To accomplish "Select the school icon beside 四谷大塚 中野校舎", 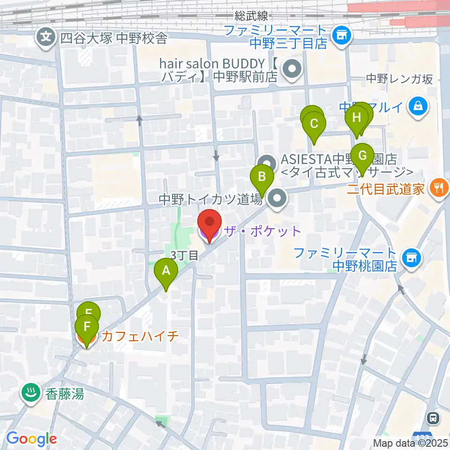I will (46, 37).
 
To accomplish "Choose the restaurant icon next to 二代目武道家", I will (439, 189).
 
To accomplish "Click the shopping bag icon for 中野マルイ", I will (417, 107).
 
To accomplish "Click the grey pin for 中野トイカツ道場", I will (277, 200).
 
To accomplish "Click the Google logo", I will (31, 439).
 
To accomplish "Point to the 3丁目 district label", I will (184, 255).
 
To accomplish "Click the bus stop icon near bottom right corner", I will (434, 417).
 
